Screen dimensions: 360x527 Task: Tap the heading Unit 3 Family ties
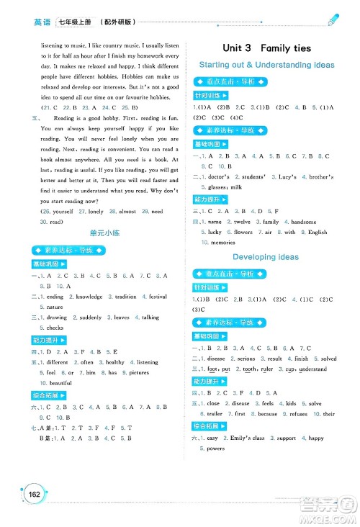click(x=266, y=48)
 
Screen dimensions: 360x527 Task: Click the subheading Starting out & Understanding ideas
click(x=266, y=65)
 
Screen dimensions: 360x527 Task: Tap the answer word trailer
click(x=216, y=414)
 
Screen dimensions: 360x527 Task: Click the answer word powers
click(x=216, y=448)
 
